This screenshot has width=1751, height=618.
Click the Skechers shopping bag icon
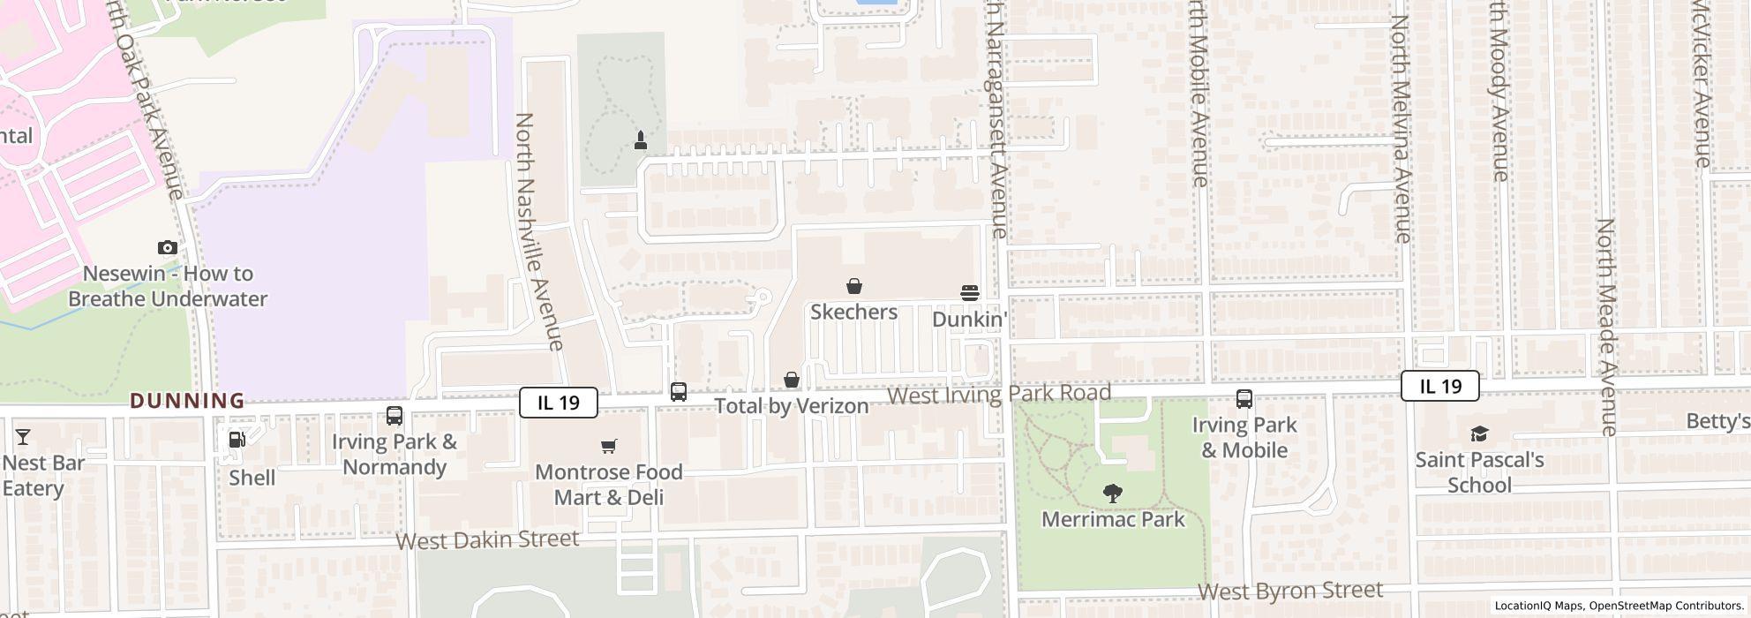pos(853,286)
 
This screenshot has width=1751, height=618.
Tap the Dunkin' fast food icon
pos(969,293)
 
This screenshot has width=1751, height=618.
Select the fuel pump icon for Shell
pos(237,439)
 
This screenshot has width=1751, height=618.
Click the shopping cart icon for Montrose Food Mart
pos(608,446)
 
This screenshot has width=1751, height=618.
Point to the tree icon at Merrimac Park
pos(1113,494)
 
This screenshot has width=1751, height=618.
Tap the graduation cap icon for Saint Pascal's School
pos(1479,433)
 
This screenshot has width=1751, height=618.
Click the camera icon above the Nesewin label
pos(167,247)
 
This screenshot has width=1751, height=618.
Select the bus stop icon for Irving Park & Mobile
pos(1244,399)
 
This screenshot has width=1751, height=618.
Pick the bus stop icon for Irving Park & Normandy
pos(395,415)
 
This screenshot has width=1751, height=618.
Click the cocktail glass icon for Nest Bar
pos(23,437)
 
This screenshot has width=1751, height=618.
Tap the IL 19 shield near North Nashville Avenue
pos(559,403)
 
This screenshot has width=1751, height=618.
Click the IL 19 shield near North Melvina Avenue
pos(1439,386)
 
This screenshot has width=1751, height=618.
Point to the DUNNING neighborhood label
pos(187,401)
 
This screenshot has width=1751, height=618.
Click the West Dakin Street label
pos(487,539)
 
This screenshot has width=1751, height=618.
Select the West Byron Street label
pos(1289,591)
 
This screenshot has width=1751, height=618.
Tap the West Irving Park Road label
pos(998,394)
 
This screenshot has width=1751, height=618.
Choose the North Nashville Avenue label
pos(537,231)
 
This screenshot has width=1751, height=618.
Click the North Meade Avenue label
pos(1606,327)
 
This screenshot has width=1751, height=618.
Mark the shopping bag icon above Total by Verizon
pos(792,380)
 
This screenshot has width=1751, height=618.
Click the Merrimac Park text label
pos(1113,519)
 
